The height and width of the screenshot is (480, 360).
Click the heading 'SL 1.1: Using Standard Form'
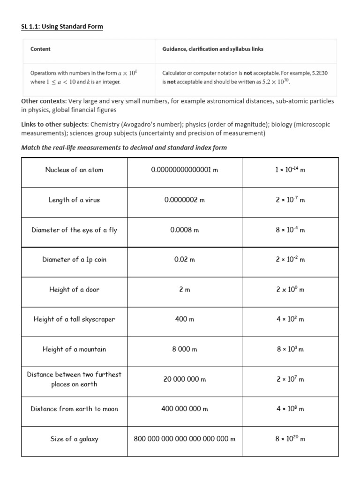click(62, 27)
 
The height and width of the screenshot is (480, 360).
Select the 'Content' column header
click(40, 49)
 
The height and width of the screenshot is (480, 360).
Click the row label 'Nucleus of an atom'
click(74, 170)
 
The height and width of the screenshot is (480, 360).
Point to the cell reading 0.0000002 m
click(185, 200)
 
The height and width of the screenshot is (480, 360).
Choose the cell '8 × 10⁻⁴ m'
click(290, 230)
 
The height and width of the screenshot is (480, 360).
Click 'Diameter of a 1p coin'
click(74, 260)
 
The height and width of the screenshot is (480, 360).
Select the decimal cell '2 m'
click(185, 290)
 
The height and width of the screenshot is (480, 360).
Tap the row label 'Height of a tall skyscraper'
click(74, 319)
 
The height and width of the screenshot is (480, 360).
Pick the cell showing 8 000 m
click(185, 349)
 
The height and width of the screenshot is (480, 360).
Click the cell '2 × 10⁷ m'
click(290, 379)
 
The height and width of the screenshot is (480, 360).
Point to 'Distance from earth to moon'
click(74, 409)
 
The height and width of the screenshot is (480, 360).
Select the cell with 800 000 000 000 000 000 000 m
click(185, 439)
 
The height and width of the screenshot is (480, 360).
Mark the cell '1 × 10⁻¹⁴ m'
click(290, 170)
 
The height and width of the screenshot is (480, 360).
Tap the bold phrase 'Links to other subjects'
click(55, 124)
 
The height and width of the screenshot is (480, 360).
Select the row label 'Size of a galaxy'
click(74, 439)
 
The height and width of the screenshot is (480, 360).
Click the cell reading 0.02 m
click(185, 260)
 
